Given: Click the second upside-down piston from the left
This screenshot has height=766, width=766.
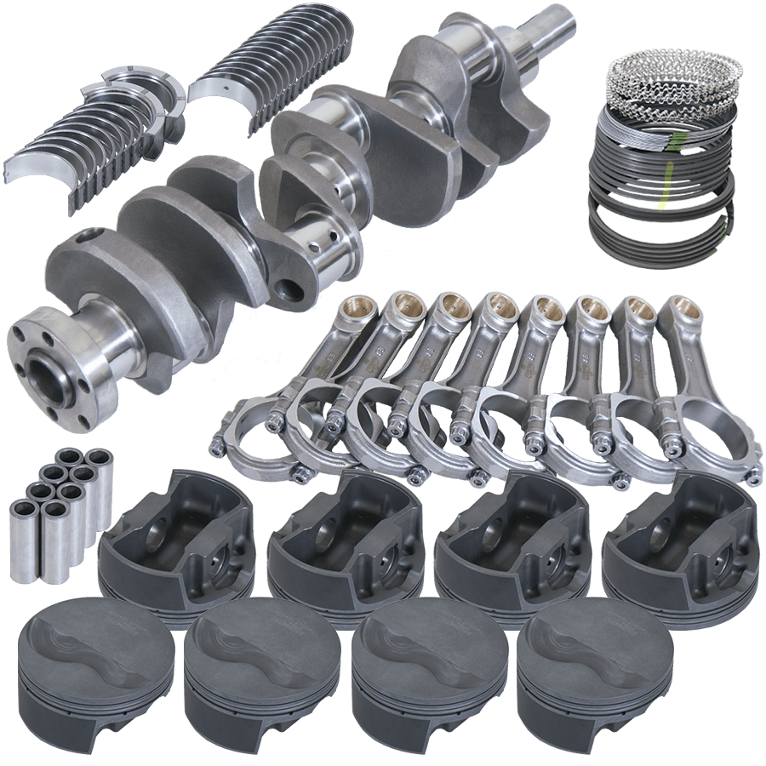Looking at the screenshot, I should pyautogui.click(x=345, y=536).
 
